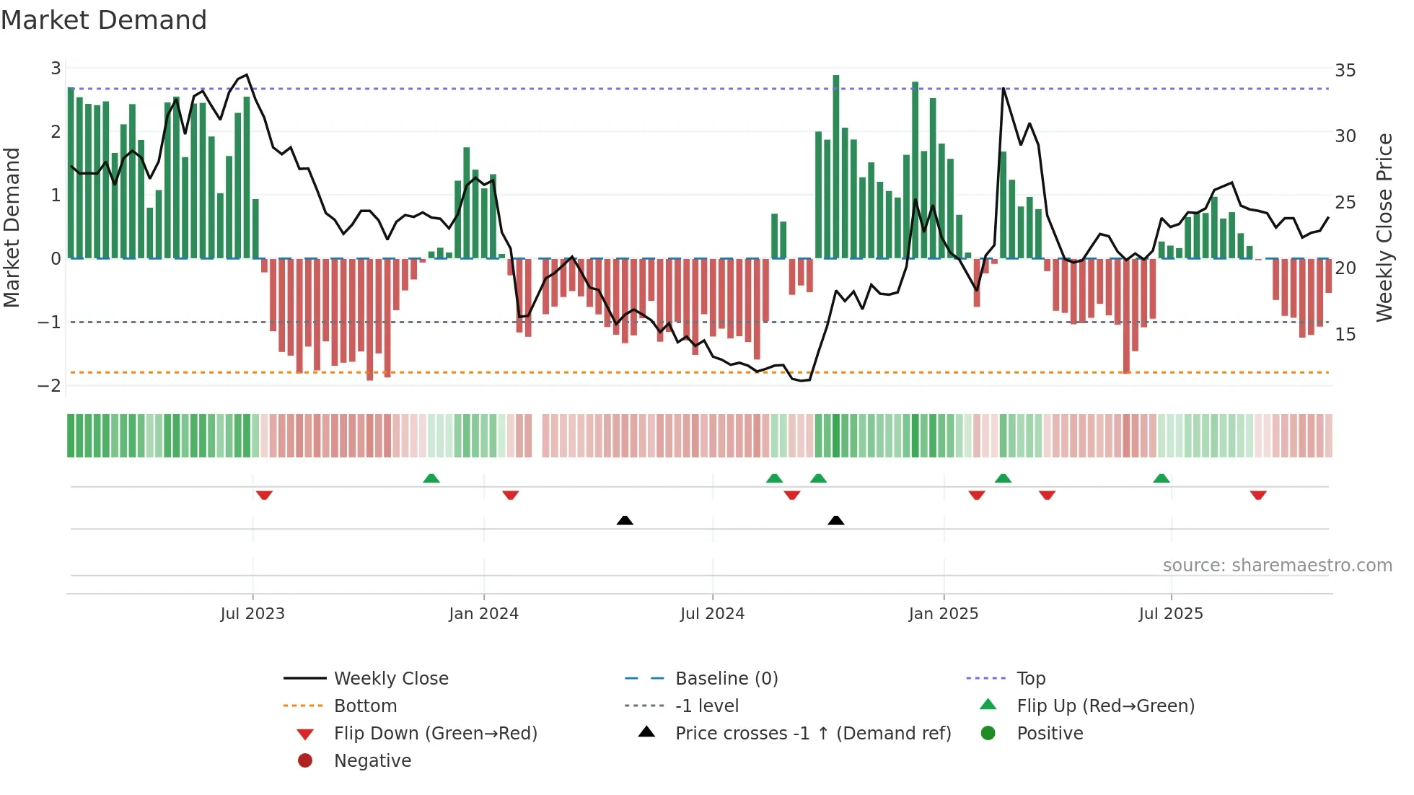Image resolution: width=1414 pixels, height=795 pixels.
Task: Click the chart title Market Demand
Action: (x=104, y=20)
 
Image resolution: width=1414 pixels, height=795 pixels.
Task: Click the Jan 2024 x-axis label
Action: (x=483, y=614)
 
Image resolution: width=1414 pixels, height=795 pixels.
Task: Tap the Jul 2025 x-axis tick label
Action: (x=1171, y=614)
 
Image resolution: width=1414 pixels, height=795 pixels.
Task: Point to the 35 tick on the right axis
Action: (x=1345, y=71)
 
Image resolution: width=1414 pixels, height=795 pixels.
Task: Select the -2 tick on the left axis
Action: (x=50, y=385)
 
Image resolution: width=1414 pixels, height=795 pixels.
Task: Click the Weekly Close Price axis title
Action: (x=1384, y=227)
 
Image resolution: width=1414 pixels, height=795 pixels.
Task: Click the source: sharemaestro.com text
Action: (x=1277, y=566)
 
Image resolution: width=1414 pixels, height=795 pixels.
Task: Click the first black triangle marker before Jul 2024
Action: (x=625, y=520)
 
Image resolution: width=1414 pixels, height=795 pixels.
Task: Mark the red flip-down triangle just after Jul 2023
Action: (x=264, y=495)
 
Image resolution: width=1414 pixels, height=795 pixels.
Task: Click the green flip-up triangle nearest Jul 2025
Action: (x=1161, y=478)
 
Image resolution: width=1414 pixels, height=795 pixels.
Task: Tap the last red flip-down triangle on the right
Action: (x=1258, y=495)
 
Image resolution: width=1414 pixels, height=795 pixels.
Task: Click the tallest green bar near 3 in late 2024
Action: (x=836, y=166)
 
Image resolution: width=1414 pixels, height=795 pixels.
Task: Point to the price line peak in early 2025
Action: (x=1004, y=89)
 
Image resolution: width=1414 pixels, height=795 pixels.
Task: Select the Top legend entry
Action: (x=1031, y=679)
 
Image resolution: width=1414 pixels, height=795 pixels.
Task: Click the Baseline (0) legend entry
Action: (x=726, y=679)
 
